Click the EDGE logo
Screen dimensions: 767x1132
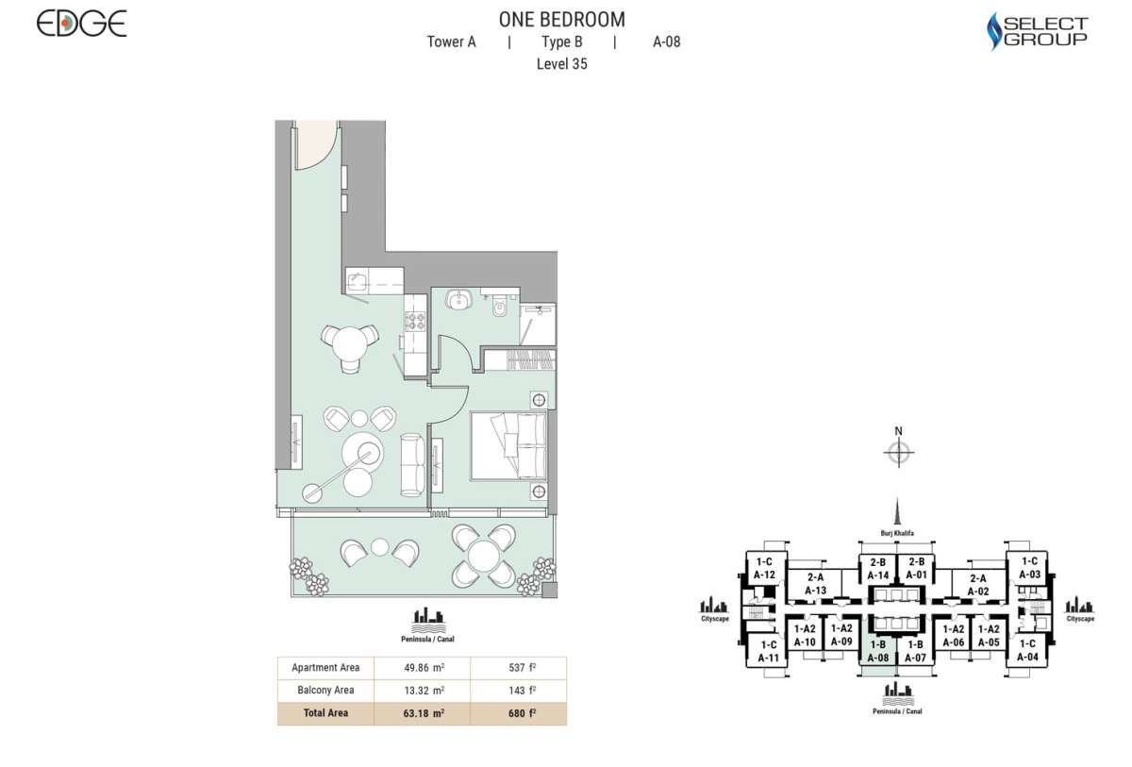tap(81, 24)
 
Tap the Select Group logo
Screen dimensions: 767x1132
tap(1037, 31)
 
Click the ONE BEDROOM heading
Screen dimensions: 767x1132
tap(560, 19)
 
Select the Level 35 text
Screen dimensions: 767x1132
tap(561, 64)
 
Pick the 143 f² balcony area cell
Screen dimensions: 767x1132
tap(518, 691)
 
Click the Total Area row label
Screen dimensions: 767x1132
tap(325, 713)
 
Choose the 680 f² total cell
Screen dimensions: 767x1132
tap(518, 713)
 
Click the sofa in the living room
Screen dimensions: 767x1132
tap(411, 464)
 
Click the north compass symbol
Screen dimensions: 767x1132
tap(899, 452)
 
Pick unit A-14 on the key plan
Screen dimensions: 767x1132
tap(877, 569)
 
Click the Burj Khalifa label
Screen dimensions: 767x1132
tap(898, 533)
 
